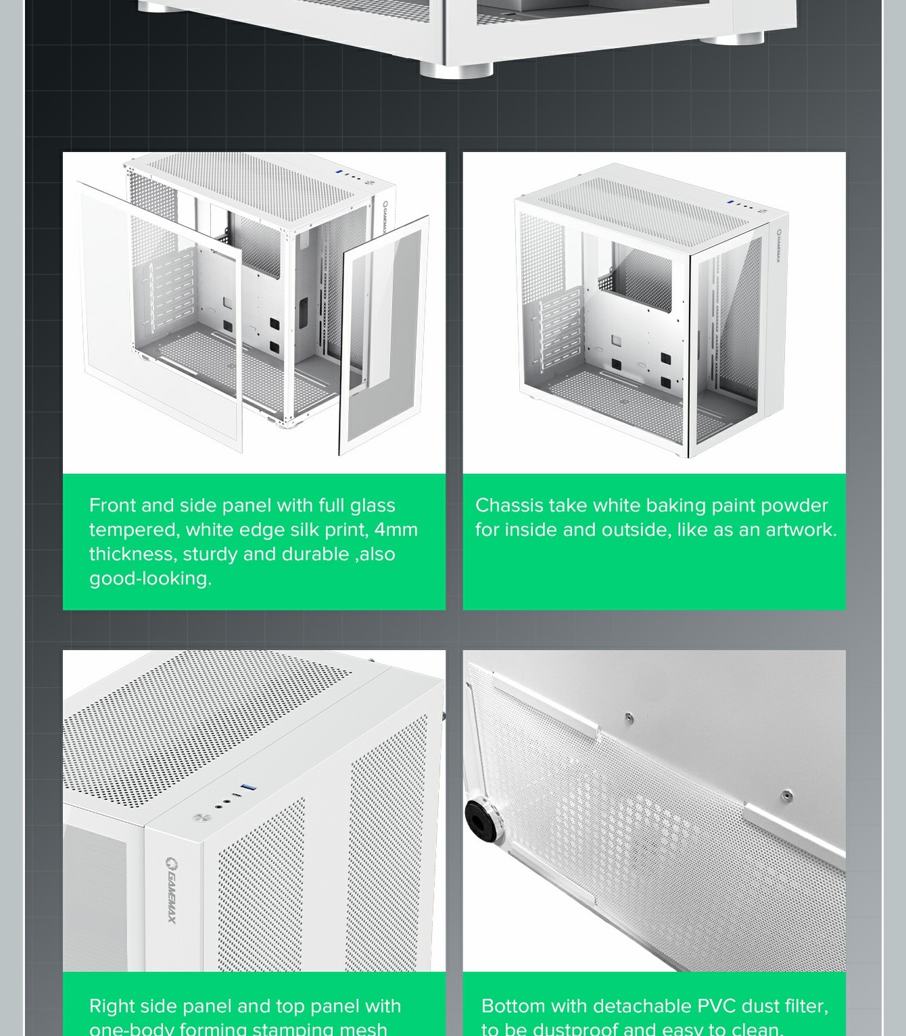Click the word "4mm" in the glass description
[396, 530]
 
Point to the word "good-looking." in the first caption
[150, 578]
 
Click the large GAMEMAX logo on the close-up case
[172, 889]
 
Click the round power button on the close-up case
[199, 817]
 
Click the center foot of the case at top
[456, 70]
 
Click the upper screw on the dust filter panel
[629, 716]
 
